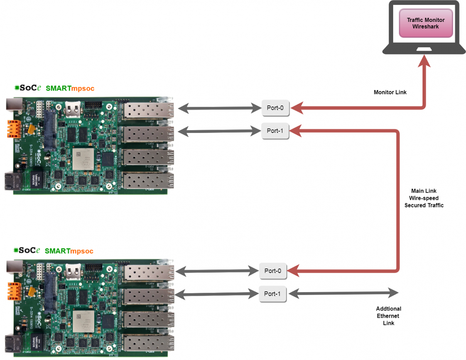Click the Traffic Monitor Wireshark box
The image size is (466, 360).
(425, 23)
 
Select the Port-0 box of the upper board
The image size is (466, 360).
(275, 108)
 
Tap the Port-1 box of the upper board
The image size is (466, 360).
(275, 131)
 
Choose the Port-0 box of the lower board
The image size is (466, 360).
(272, 271)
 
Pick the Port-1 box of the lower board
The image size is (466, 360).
(272, 294)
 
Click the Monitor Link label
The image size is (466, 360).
(390, 92)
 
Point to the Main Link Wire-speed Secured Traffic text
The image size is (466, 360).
(424, 198)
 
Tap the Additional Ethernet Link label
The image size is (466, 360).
(388, 316)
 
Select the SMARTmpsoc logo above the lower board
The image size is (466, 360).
(54, 251)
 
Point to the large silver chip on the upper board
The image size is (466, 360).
(83, 158)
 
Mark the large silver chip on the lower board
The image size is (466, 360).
(83, 321)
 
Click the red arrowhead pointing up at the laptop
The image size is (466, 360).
(424, 62)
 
